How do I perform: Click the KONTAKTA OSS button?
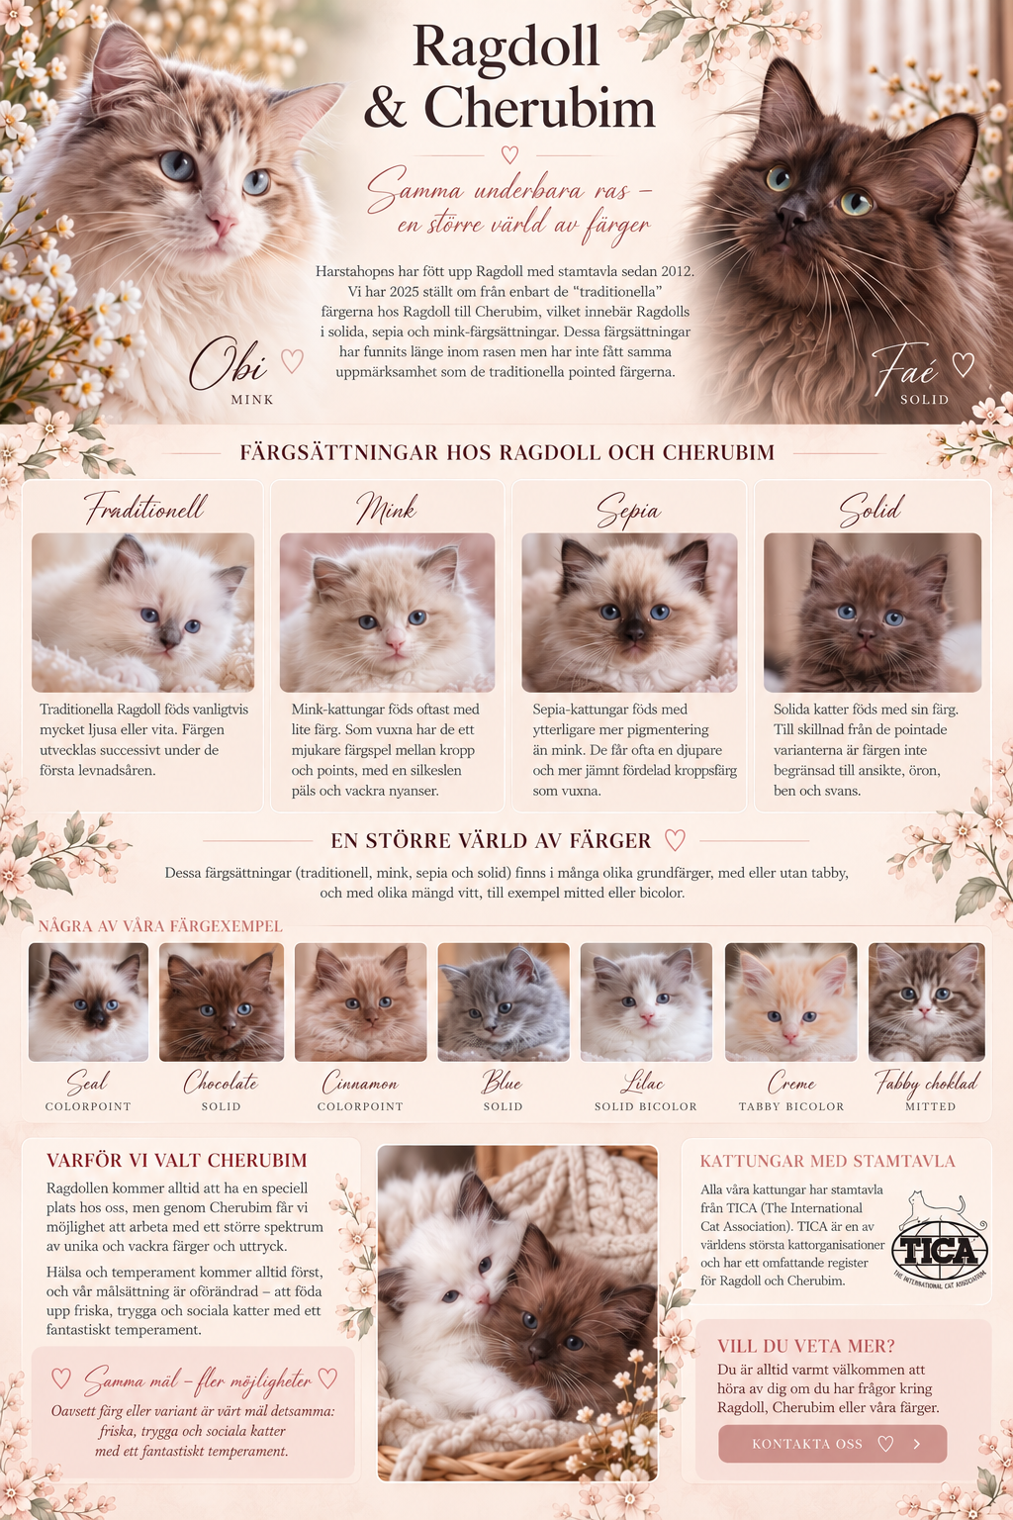(833, 1444)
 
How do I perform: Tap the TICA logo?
(940, 1241)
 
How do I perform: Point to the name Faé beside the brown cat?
(905, 369)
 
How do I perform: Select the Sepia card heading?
(628, 510)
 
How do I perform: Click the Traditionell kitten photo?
(143, 613)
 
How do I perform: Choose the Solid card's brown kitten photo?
(873, 613)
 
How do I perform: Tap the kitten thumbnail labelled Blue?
(504, 1001)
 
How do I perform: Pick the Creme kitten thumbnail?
(790, 1001)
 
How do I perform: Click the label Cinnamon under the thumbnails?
(360, 1083)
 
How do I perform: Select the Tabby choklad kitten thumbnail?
(927, 1001)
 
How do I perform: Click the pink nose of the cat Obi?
(222, 223)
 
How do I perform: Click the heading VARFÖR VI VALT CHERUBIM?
(177, 1161)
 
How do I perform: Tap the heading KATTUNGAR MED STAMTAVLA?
(828, 1161)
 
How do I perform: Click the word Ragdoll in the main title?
(506, 48)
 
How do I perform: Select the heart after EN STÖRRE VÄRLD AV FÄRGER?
(675, 840)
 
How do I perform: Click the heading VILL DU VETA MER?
(806, 1346)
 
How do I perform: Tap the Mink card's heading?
(387, 509)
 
